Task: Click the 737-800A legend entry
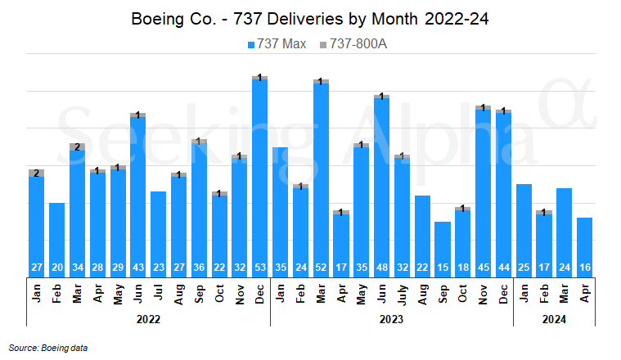[353, 44]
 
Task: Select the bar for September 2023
[443, 245]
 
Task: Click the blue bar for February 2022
[56, 237]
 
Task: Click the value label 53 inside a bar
[259, 268]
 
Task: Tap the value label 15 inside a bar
[443, 268]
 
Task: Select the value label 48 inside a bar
[381, 268]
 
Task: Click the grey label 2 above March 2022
[77, 147]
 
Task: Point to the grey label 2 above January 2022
[36, 173]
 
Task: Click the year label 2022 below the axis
[147, 320]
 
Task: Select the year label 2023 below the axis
[391, 320]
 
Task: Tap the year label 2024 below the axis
[554, 320]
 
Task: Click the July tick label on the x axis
[402, 294]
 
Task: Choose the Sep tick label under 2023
[443, 294]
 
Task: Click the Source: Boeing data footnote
[48, 348]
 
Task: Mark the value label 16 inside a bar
[584, 268]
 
